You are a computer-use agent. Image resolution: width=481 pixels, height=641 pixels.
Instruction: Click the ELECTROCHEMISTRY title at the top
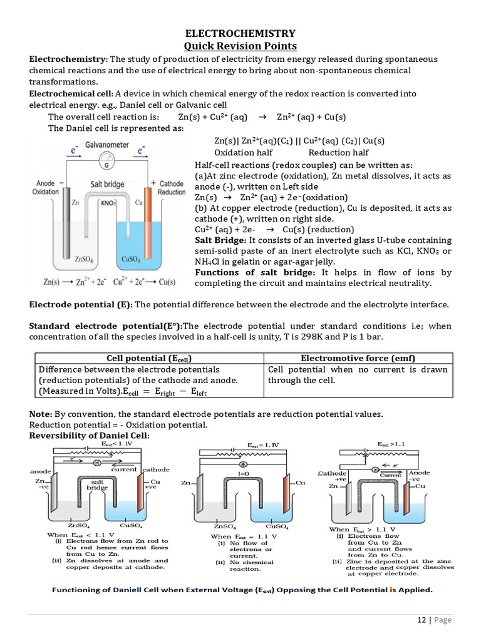[240, 34]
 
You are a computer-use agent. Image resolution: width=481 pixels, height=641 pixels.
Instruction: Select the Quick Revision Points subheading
[240, 46]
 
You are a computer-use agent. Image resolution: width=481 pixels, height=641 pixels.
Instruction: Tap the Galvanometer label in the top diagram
[107, 145]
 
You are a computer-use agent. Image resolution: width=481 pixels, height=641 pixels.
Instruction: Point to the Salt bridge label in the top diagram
[107, 184]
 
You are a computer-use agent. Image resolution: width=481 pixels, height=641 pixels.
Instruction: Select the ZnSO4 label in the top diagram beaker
[84, 258]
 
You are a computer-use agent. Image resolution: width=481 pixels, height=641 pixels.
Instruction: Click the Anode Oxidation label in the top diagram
[46, 188]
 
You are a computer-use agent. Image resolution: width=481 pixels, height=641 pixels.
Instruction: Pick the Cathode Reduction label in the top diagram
[171, 188]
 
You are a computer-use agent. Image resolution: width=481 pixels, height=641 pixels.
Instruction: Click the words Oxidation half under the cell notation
[243, 153]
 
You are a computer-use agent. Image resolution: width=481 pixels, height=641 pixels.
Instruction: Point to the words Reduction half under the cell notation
[338, 153]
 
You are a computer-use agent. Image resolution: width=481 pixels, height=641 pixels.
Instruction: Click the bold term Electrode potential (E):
[81, 304]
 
